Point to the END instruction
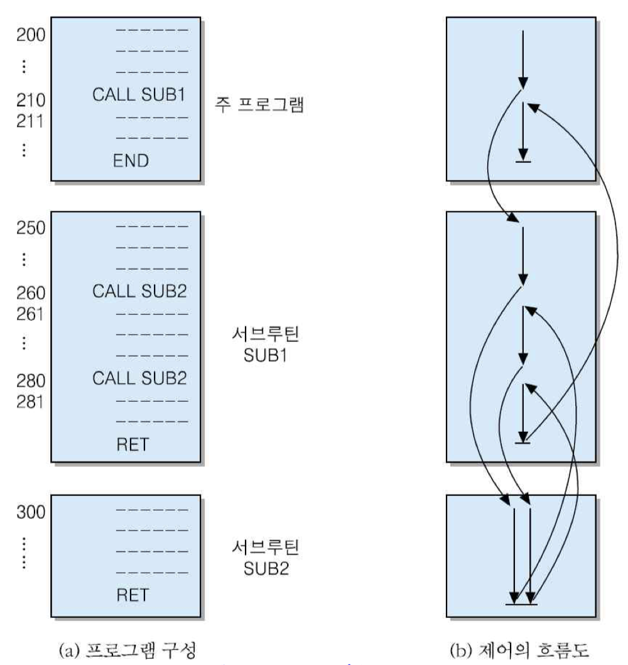pos(131,161)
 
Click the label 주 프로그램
pos(264,104)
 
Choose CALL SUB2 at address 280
pos(141,380)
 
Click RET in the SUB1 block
pos(131,446)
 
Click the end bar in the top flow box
pos(522,162)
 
